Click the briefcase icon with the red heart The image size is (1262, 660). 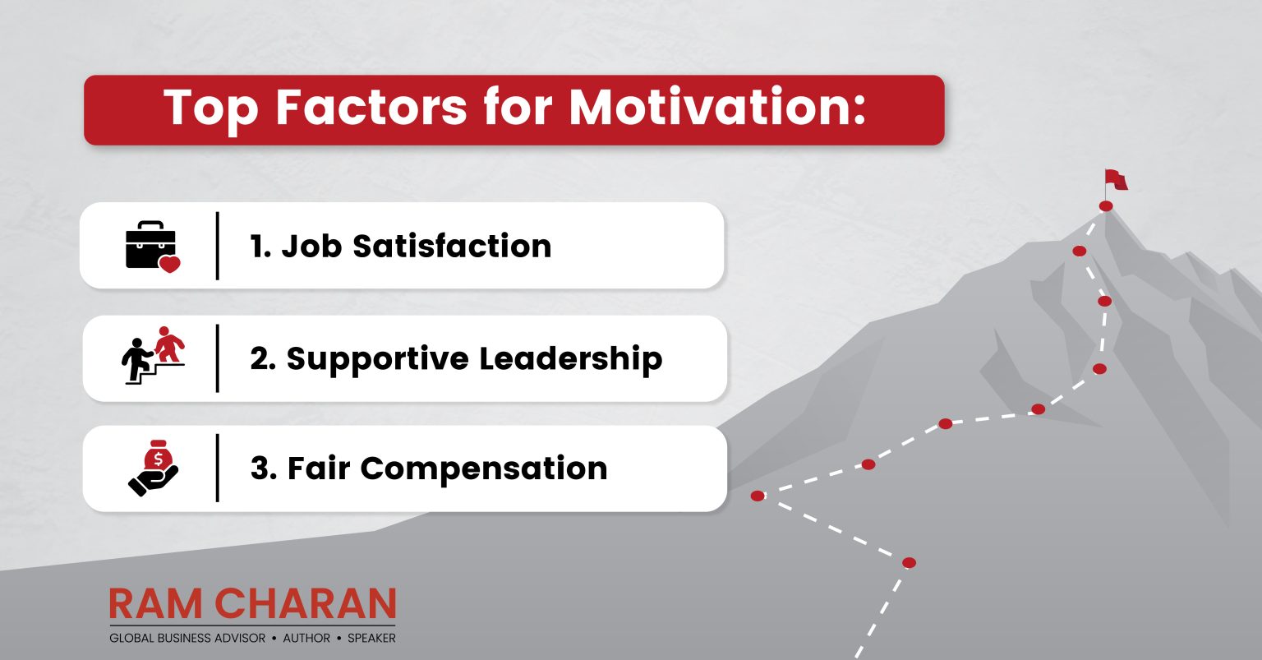point(151,245)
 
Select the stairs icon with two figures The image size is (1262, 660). point(154,357)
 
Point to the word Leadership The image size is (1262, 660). point(571,359)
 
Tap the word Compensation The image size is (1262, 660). point(484,468)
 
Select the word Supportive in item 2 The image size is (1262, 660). point(377,359)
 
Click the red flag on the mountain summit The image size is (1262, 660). point(1116,178)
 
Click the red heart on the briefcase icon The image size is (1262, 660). point(169,264)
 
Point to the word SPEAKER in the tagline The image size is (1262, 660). point(371,638)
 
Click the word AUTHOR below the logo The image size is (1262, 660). point(306,638)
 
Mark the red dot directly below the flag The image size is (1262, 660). point(1106,205)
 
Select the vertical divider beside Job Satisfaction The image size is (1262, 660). point(218,245)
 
